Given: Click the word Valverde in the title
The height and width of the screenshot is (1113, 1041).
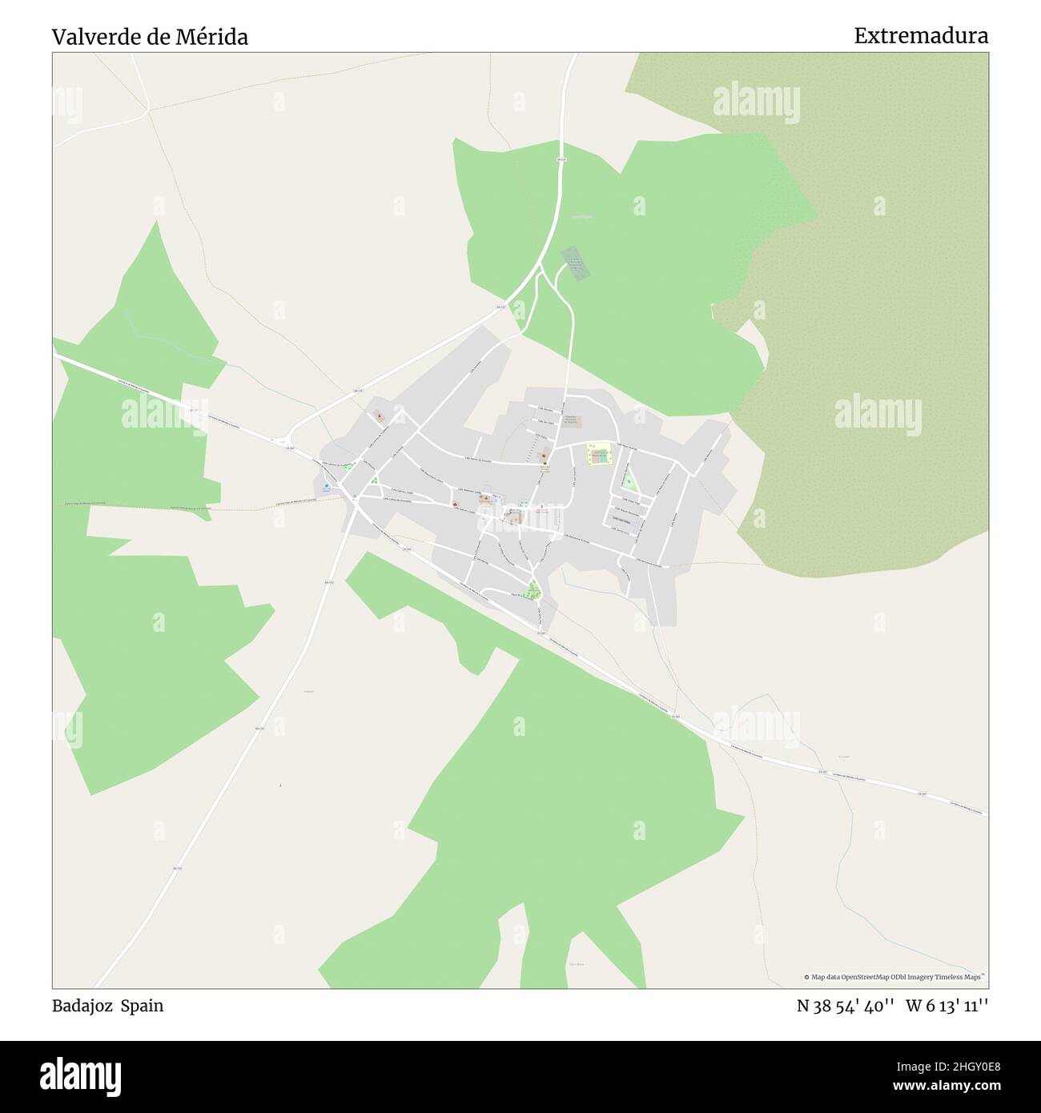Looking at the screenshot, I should click(x=90, y=37).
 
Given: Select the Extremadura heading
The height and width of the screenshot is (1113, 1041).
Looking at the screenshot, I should click(x=920, y=36).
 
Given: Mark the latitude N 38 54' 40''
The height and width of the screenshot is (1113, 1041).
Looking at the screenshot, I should click(x=846, y=1007).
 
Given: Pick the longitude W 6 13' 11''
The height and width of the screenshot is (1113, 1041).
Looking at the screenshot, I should click(x=947, y=1007).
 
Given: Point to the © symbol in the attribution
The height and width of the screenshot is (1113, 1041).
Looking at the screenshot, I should click(x=807, y=977).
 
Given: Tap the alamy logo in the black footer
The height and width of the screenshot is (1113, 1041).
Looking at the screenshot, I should click(x=79, y=1075).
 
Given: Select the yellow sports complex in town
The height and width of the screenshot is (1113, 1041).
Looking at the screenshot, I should click(x=598, y=455).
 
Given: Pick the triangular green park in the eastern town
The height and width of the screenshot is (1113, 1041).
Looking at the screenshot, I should click(x=629, y=482).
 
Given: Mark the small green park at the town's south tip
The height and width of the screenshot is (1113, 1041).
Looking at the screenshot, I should click(x=533, y=592).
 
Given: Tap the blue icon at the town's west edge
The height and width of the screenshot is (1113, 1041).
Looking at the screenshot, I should click(x=327, y=486).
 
